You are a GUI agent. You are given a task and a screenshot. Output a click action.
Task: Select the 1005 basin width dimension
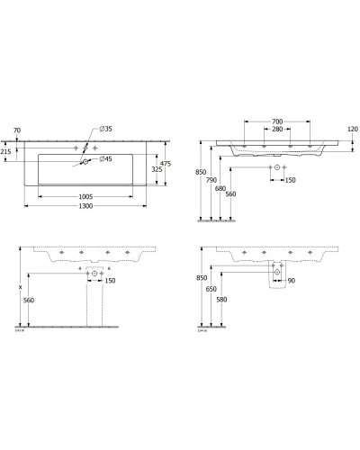pyautogui.click(x=87, y=194)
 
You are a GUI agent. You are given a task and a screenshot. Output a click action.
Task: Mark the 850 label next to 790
pyautogui.click(x=201, y=173)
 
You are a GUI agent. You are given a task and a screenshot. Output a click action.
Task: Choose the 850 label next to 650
pyautogui.click(x=201, y=279)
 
